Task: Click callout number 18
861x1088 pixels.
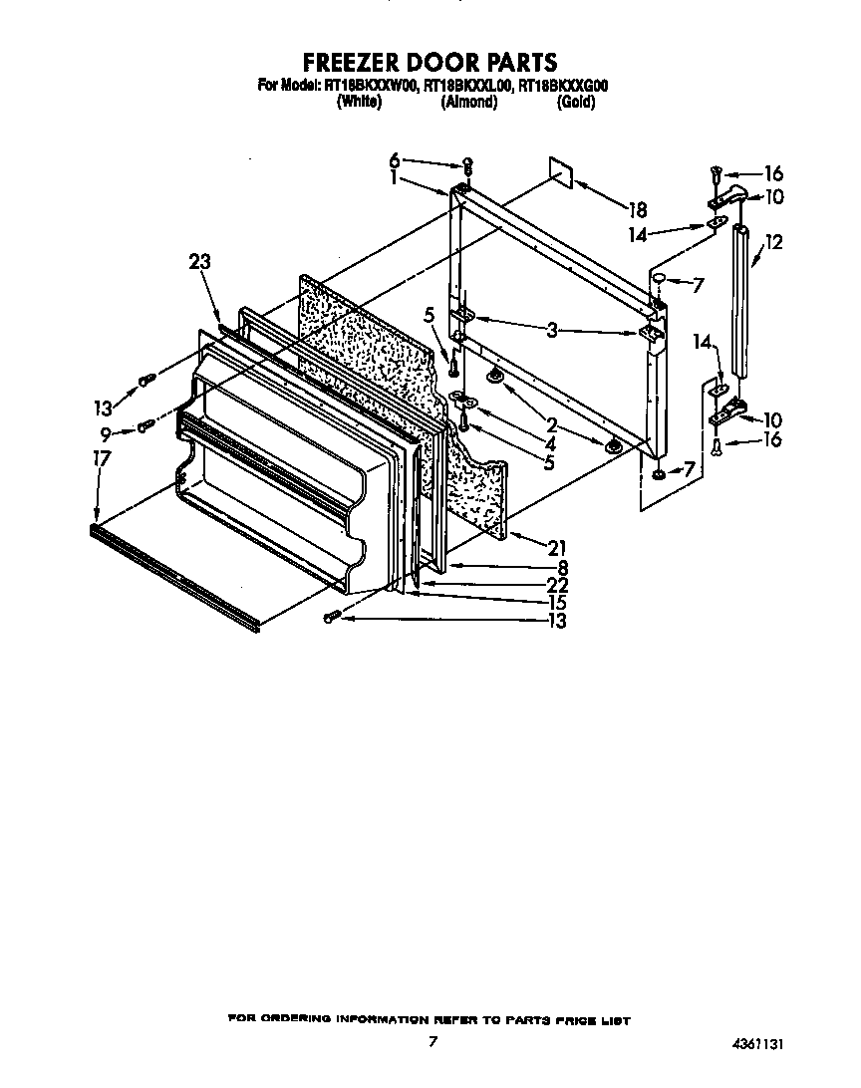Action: coord(638,210)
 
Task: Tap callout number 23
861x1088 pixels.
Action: coord(200,262)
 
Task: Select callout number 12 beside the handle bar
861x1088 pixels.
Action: coord(774,241)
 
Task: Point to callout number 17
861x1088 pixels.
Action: coord(101,458)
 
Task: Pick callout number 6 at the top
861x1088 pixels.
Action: coord(394,159)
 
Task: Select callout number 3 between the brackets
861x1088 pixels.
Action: coord(551,331)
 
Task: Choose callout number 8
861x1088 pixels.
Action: coord(562,566)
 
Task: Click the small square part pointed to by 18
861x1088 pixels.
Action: coord(561,170)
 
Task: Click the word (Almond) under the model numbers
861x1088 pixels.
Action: coord(468,103)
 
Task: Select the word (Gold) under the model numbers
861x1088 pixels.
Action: coord(576,103)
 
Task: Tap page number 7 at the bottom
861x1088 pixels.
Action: coord(432,1042)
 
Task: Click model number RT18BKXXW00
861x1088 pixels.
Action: coord(369,87)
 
